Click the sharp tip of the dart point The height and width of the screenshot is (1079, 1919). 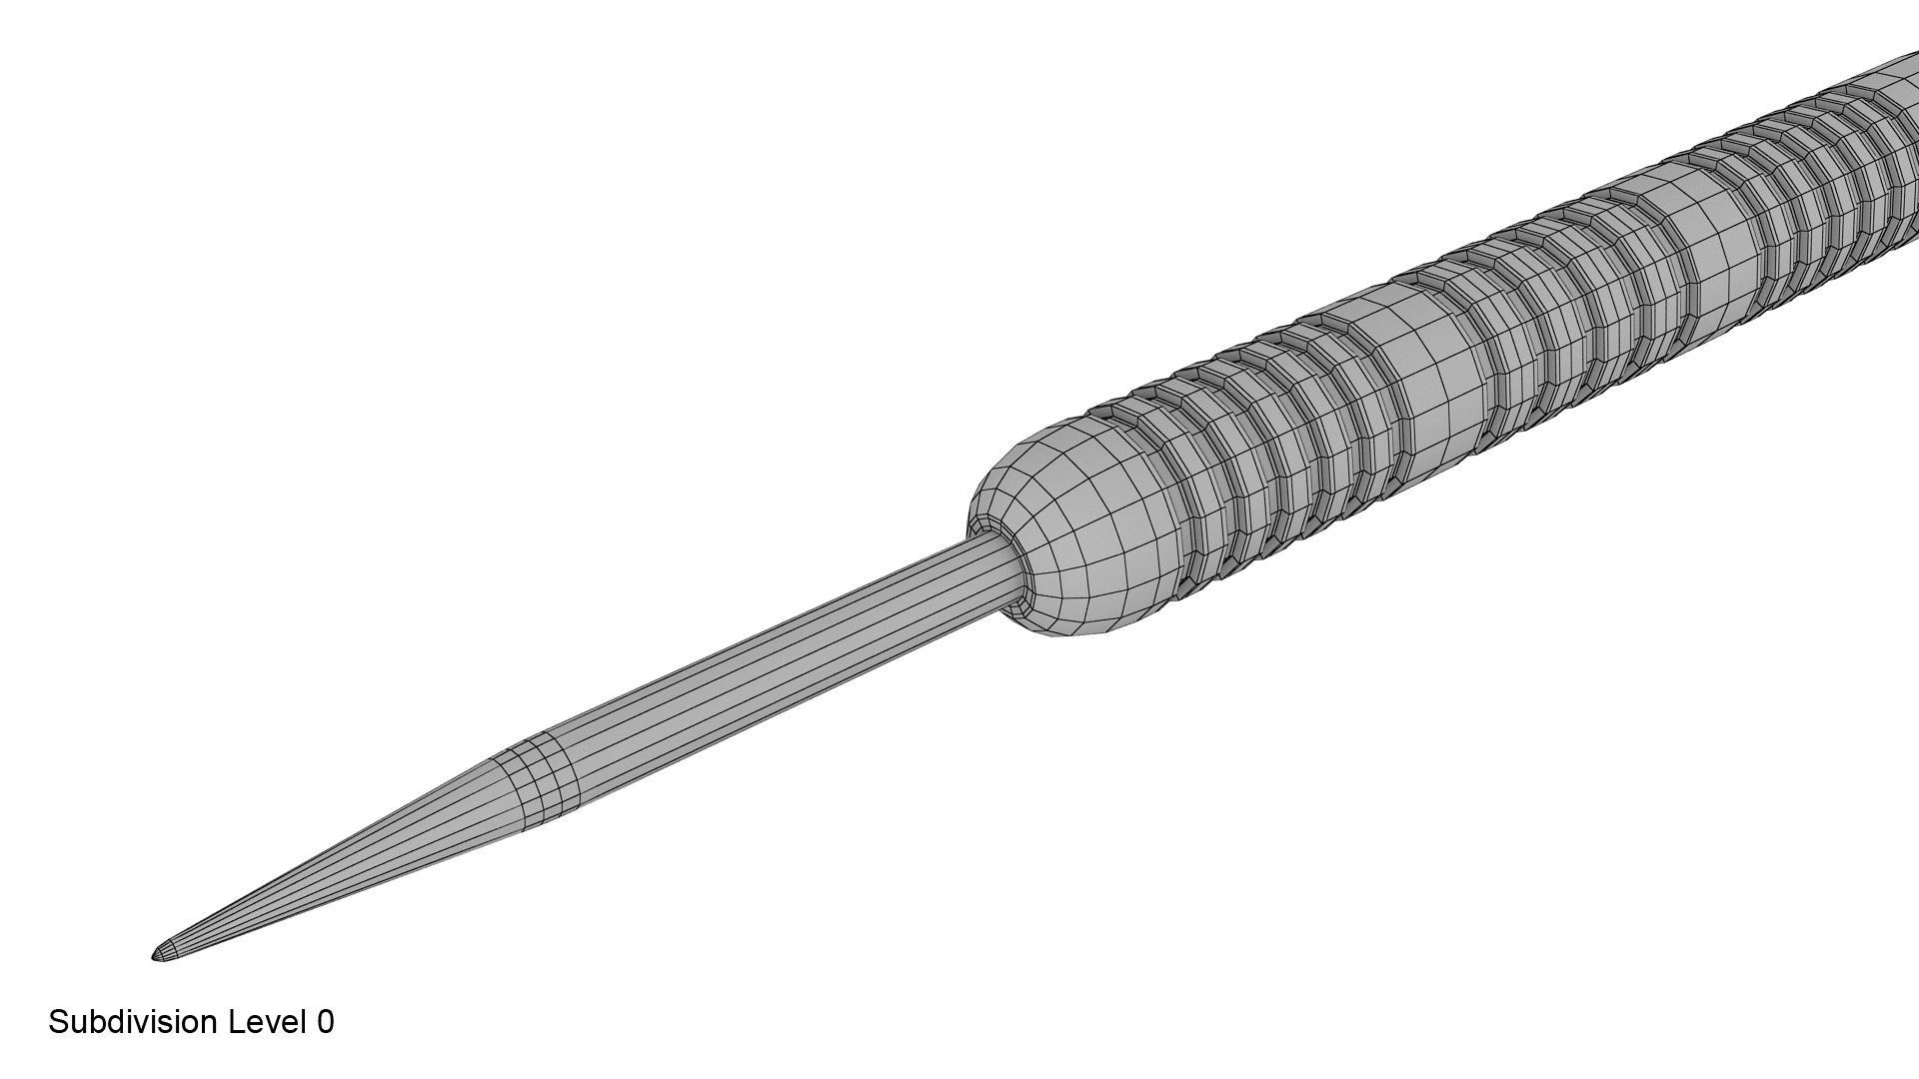pos(156,957)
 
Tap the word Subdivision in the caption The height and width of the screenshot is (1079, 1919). pos(132,1022)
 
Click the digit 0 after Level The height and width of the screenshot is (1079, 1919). pos(325,1022)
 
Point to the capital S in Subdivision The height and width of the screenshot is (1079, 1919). pos(58,1022)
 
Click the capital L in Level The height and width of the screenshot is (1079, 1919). pos(237,1022)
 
